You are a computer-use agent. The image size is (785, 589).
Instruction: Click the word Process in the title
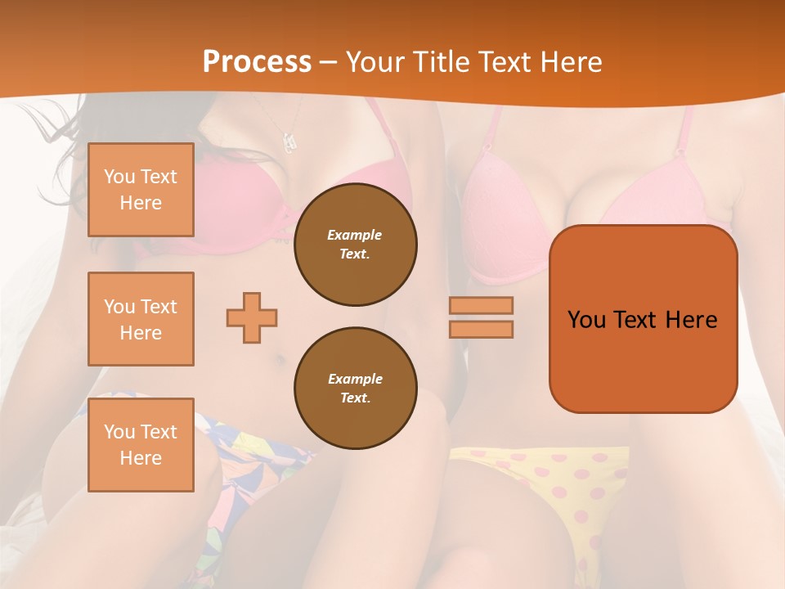click(x=257, y=62)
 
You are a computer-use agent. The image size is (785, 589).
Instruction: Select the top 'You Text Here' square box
click(x=141, y=190)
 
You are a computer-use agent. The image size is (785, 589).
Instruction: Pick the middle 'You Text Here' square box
click(x=141, y=319)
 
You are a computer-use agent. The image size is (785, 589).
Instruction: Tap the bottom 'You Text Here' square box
click(x=141, y=445)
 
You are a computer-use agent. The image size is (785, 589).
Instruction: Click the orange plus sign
click(x=252, y=317)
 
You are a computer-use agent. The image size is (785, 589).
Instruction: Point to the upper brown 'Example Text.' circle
click(x=355, y=245)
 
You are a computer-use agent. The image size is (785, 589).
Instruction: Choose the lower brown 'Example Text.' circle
click(x=355, y=389)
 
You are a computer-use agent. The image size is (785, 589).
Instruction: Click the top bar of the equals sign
click(x=481, y=305)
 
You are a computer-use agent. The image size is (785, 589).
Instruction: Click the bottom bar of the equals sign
click(x=481, y=330)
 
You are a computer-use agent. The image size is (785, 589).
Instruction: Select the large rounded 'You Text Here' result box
click(x=643, y=319)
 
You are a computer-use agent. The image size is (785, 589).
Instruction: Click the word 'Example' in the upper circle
click(x=355, y=235)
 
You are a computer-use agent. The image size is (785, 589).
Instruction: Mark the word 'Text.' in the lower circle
click(x=355, y=398)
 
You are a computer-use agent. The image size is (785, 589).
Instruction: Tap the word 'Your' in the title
click(x=375, y=62)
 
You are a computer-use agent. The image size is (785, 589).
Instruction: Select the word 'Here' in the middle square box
click(x=141, y=333)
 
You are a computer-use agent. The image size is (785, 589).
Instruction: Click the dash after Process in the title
click(x=329, y=62)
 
